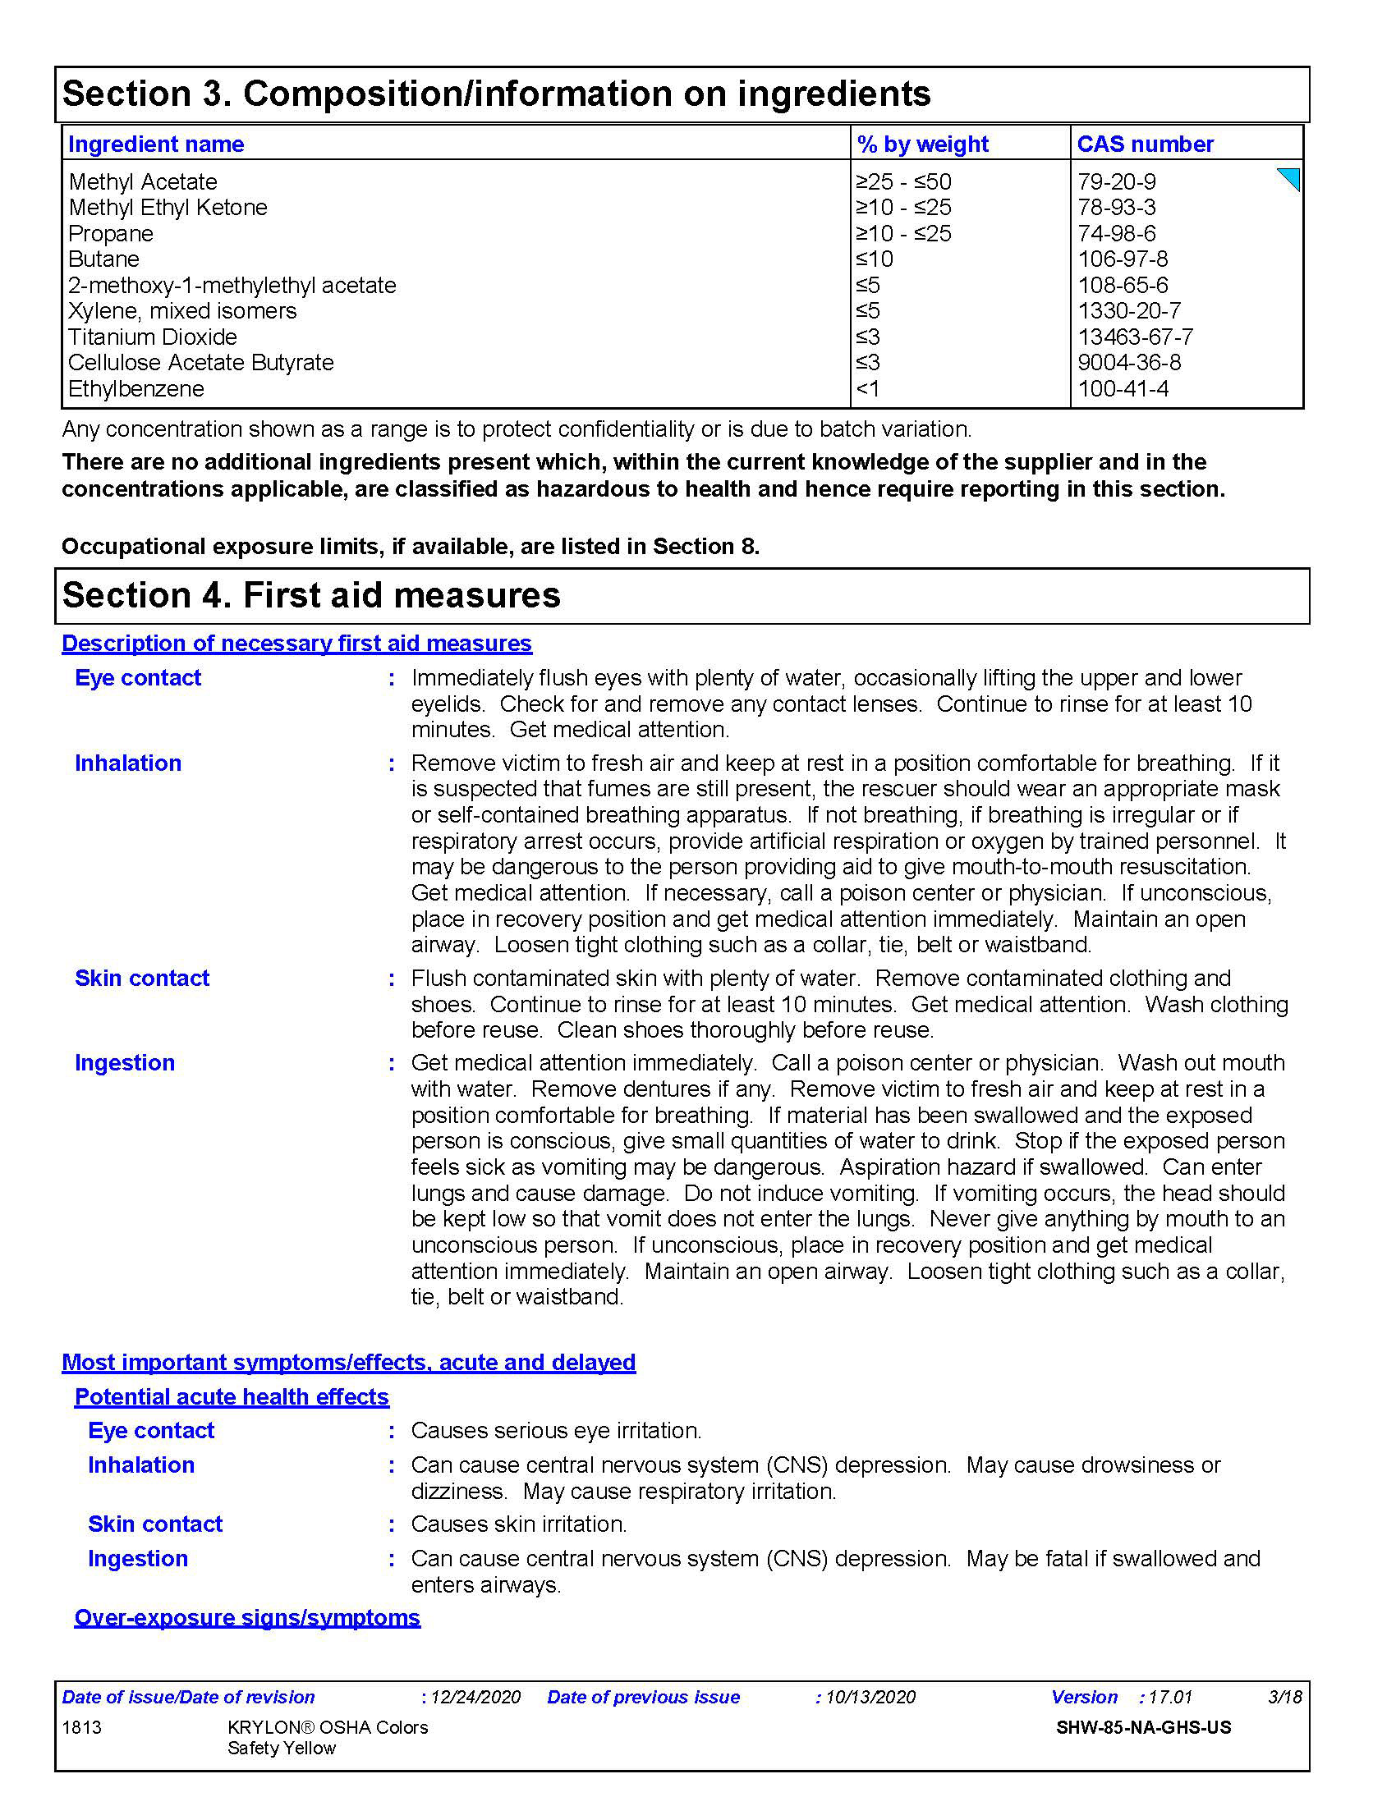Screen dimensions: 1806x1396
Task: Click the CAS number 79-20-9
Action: click(x=1116, y=181)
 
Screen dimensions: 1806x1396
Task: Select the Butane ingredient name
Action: click(x=103, y=259)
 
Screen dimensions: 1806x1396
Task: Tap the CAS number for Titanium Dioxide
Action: click(x=1135, y=337)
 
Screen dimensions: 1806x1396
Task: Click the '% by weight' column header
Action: click(x=922, y=144)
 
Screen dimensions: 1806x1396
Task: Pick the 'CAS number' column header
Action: click(x=1145, y=144)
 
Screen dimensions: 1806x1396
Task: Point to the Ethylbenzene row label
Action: click(x=135, y=388)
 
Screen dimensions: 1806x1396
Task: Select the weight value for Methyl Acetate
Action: click(x=903, y=181)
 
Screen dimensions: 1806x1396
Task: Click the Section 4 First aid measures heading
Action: click(x=311, y=595)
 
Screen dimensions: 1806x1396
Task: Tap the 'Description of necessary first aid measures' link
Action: click(x=296, y=644)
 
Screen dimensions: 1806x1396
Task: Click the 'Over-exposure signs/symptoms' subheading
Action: click(x=247, y=1617)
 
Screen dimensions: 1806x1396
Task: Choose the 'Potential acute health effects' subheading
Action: click(x=232, y=1396)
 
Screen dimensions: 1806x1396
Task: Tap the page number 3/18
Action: click(x=1284, y=1697)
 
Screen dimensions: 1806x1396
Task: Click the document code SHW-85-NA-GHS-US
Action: click(x=1143, y=1727)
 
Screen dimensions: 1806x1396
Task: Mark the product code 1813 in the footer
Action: click(x=81, y=1727)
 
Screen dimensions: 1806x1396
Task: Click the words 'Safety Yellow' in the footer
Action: click(x=281, y=1748)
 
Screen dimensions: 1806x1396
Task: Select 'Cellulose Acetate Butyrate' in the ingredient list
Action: click(x=200, y=362)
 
